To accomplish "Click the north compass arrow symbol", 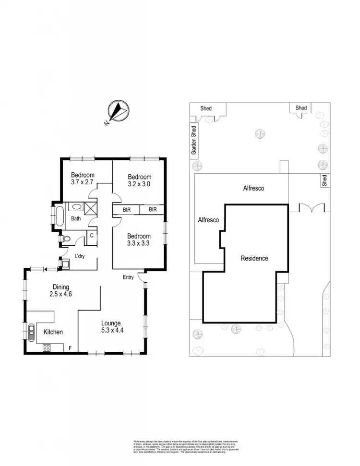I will click(117, 111).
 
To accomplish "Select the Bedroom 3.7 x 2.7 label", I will click(83, 179).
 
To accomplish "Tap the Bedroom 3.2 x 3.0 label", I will click(139, 180).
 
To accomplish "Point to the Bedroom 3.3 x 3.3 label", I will click(139, 239).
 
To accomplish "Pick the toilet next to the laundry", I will click(68, 238).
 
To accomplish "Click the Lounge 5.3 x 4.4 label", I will click(111, 326).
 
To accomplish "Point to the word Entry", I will click(128, 277).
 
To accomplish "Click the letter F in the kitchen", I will click(71, 347).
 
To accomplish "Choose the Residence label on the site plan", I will click(254, 258).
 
